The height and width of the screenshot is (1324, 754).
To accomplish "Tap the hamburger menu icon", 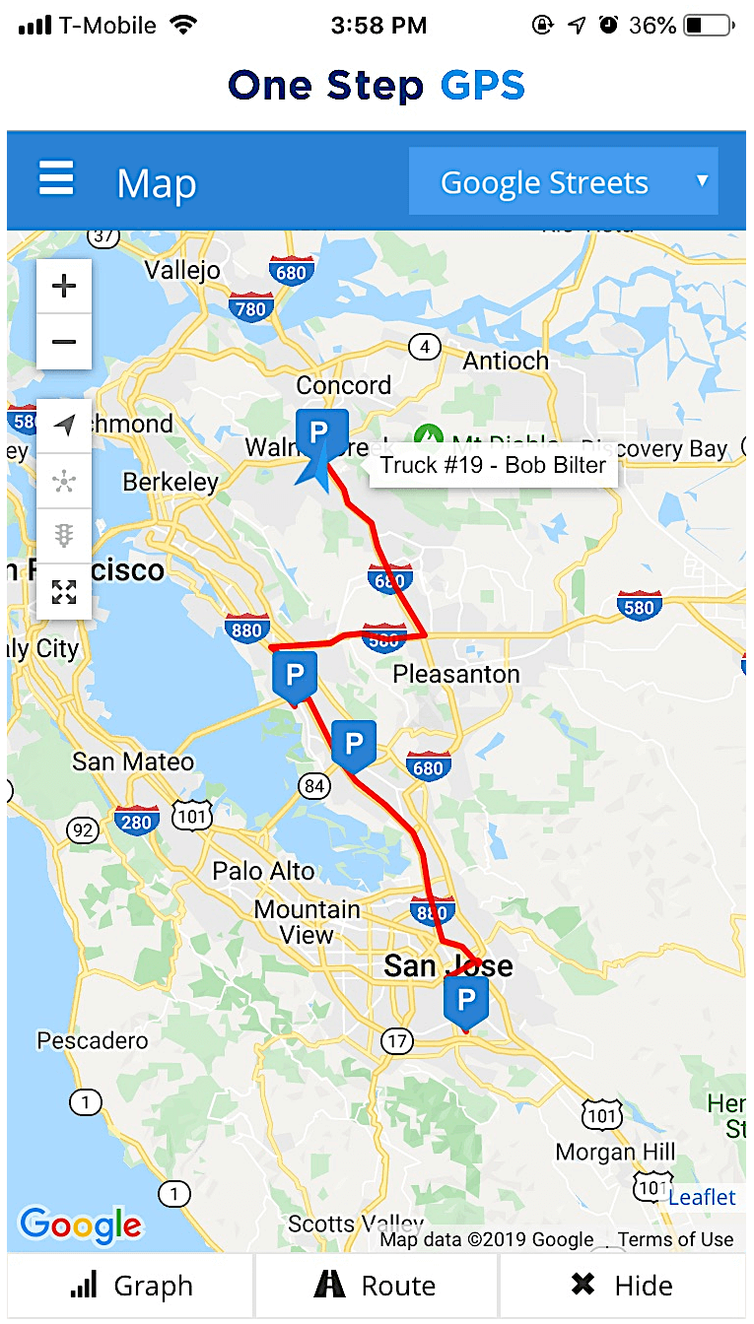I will pos(56,180).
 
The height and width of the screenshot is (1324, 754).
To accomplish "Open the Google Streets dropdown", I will pos(563,182).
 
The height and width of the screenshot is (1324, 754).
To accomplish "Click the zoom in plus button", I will pos(64,287).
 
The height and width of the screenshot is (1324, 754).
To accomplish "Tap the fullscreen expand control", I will pos(64,592).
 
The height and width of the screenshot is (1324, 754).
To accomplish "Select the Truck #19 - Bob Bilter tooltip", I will pos(493,465).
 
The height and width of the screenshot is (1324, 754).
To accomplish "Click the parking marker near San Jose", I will pos(466,1001).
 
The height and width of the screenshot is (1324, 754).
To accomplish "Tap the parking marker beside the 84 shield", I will pos(354,744).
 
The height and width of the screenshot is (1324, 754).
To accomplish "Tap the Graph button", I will pos(130,1286).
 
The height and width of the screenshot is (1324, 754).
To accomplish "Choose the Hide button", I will pos(622,1286).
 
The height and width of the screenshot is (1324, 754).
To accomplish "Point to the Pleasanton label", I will pos(455,675).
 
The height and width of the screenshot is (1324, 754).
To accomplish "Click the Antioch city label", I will pos(506,362).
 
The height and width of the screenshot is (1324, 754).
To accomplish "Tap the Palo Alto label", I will pos(264,871).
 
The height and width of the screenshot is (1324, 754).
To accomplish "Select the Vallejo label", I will pos(182,270).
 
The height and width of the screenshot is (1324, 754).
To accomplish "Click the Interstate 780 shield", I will pos(251,308).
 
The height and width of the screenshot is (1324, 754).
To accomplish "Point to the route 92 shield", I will pos(83,830).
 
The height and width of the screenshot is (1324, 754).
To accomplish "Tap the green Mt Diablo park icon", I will pos(428,434).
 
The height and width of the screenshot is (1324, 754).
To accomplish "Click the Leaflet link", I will pos(702,1197).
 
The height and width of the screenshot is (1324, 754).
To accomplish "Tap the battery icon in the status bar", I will pos(708,26).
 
